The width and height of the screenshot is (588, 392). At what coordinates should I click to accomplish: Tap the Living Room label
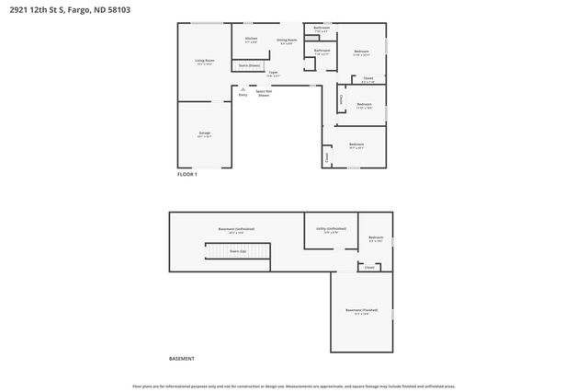click(x=204, y=62)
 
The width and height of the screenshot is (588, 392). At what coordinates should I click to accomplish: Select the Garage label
click(x=204, y=133)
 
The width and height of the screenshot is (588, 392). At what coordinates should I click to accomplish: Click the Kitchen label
click(x=251, y=39)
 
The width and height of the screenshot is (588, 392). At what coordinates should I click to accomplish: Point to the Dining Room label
click(x=287, y=40)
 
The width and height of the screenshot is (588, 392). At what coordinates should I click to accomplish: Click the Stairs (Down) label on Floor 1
click(x=249, y=65)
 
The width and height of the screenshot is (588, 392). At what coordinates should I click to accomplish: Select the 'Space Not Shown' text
click(x=264, y=93)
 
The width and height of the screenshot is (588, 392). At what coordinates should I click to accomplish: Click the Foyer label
click(x=273, y=73)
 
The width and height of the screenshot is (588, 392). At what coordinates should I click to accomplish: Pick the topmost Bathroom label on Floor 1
click(x=322, y=29)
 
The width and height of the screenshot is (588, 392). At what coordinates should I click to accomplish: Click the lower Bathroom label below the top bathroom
click(x=322, y=51)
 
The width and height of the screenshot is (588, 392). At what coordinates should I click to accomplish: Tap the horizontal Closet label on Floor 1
click(x=367, y=79)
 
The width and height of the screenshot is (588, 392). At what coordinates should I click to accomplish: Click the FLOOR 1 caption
click(x=187, y=174)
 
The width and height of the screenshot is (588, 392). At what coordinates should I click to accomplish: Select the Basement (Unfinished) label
click(x=236, y=229)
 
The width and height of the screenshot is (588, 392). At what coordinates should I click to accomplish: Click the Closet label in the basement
click(x=369, y=268)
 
